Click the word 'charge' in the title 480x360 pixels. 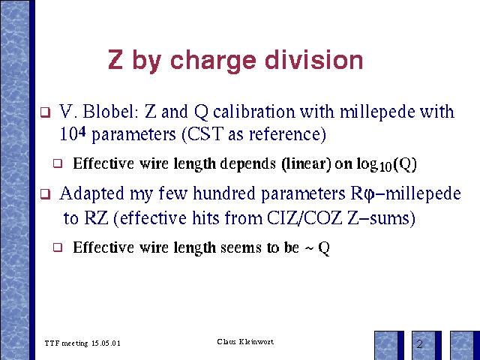point(213,61)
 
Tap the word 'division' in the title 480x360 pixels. point(313,59)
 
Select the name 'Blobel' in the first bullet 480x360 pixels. point(108,111)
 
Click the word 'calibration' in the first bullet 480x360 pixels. point(253,111)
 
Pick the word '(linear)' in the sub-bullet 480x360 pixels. point(306,163)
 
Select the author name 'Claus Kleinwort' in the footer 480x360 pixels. point(245,342)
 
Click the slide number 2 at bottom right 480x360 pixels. point(419,344)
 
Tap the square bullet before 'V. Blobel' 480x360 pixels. point(45,112)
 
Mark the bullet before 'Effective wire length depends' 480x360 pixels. point(58,163)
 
